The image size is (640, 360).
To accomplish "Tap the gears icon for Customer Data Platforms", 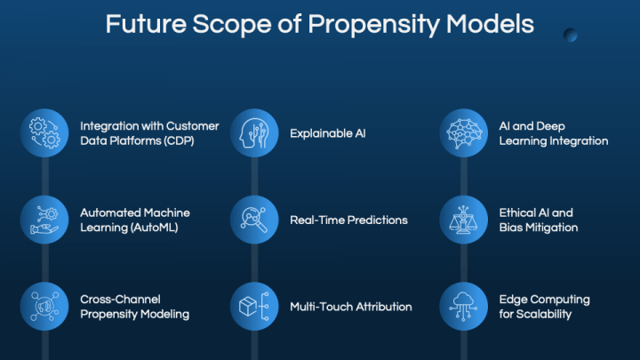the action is (x=44, y=133).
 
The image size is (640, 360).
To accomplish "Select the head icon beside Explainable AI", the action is (x=254, y=133).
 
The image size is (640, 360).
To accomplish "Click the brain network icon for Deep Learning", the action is (x=464, y=133).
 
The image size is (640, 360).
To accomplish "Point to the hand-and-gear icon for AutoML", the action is (x=44, y=220).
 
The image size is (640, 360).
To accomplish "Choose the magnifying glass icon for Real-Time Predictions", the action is (x=254, y=220).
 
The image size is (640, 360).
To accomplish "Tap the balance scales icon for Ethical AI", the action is (x=464, y=220).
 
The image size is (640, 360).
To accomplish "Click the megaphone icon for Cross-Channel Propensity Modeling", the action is (x=44, y=306).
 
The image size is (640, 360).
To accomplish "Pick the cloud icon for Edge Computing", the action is (x=464, y=306).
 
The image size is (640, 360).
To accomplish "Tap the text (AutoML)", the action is (x=154, y=228).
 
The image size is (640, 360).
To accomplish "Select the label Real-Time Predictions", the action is (x=348, y=220).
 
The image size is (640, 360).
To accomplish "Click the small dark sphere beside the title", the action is (x=570, y=35).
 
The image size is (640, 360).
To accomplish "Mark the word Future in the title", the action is (x=146, y=24).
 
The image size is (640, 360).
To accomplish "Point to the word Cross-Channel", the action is (x=120, y=300).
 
